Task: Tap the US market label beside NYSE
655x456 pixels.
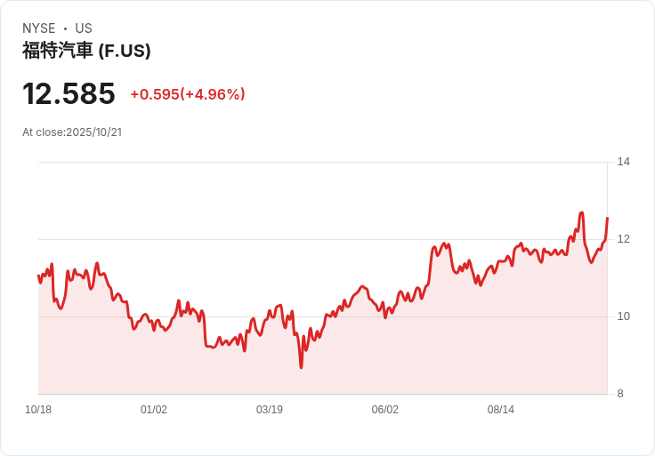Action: pos(84,28)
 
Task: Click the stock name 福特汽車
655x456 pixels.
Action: pos(58,51)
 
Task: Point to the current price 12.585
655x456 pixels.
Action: pos(69,94)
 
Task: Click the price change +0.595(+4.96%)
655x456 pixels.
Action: pos(188,94)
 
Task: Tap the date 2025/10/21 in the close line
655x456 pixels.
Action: pos(93,132)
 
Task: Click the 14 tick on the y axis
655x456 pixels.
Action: pos(623,162)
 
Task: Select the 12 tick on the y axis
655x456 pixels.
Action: pos(623,239)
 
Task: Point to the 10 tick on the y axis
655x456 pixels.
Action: pos(623,316)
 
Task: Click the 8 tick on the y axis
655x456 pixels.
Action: pos(620,394)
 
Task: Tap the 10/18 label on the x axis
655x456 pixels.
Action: pos(38,410)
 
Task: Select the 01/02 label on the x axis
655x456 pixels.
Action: pos(154,410)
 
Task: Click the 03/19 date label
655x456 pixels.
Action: pos(270,410)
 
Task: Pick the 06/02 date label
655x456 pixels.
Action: pos(385,410)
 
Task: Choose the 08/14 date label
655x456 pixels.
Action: pos(501,410)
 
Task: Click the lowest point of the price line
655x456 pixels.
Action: pos(301,367)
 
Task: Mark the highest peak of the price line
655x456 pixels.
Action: pos(581,212)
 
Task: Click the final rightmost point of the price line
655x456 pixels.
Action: pos(607,218)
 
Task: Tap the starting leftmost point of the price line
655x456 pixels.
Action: pos(38,276)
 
